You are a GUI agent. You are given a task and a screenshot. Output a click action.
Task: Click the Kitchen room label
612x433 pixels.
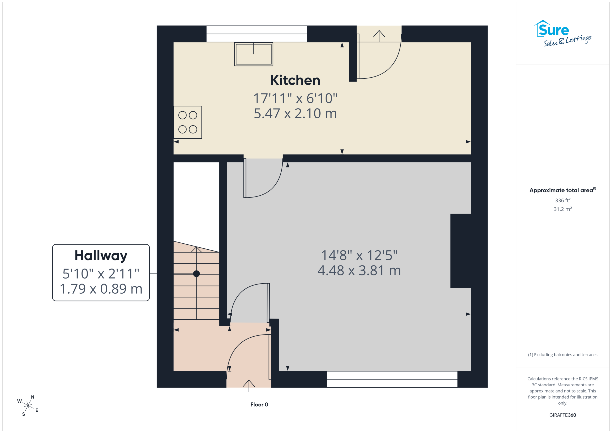295,80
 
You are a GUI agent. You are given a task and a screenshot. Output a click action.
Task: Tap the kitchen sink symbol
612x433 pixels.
253,54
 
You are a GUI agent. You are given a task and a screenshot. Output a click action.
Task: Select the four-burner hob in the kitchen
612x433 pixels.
188,122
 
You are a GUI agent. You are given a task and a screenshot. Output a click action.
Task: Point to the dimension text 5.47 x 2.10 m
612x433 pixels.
295,114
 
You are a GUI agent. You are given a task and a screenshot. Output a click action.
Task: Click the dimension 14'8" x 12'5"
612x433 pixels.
359,255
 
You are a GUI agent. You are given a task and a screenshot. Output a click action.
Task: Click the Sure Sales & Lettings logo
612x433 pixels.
563,33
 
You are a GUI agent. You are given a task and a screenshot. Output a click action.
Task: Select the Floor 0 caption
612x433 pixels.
259,405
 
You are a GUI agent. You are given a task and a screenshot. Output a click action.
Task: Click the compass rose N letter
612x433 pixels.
33,397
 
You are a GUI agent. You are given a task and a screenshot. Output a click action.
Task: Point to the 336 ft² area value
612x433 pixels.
563,200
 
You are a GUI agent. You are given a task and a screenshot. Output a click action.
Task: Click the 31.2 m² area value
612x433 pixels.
563,209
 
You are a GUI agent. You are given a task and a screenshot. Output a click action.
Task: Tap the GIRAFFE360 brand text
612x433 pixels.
563,415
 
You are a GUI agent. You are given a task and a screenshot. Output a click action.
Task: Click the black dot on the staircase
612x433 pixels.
197,274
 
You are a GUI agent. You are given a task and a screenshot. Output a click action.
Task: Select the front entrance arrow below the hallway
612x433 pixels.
249,386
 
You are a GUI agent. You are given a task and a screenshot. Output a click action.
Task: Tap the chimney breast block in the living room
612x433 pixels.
461,251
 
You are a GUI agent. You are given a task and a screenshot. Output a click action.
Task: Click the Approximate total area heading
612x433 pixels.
563,190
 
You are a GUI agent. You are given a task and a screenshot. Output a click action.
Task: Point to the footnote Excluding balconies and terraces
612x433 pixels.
563,355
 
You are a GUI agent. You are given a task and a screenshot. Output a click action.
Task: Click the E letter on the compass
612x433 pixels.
37,410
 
